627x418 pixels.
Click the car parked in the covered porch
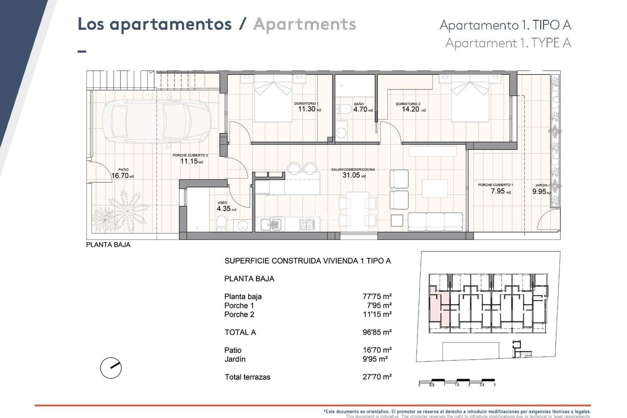click(156, 121)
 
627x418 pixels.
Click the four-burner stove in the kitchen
click(307, 224)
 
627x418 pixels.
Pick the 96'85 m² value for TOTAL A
click(377, 332)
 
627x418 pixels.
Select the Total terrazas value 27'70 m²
click(377, 377)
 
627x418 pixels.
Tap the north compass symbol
click(111, 368)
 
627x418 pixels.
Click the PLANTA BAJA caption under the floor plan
click(108, 245)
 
